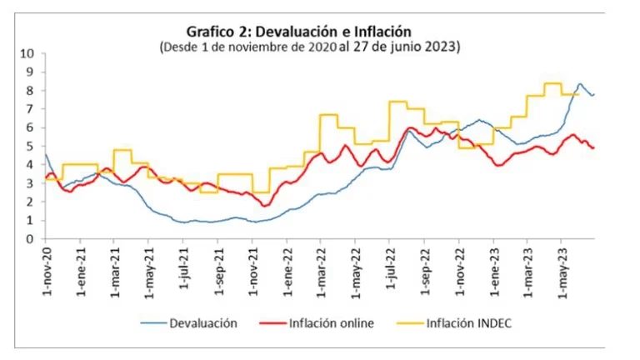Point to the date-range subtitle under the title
pyautogui.click(x=309, y=47)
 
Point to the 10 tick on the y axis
pyautogui.click(x=27, y=53)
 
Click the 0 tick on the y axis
pyautogui.click(x=30, y=239)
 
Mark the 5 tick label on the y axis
pyautogui.click(x=30, y=146)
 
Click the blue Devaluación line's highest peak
pyautogui.click(x=580, y=84)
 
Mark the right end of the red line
pyautogui.click(x=593, y=147)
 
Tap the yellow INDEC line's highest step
pyautogui.click(x=552, y=83)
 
